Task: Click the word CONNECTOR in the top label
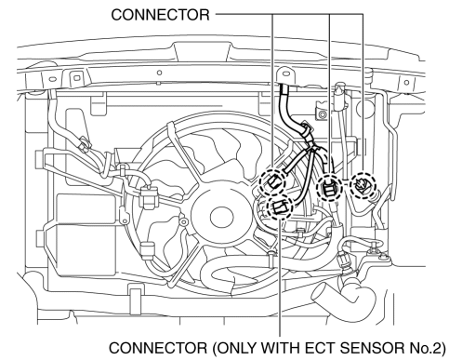point(160,15)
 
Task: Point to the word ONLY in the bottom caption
point(237,348)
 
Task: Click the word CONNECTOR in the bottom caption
point(158,348)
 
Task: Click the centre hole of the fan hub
point(221,217)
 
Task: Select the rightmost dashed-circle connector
point(363,185)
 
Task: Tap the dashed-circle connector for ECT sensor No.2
point(280,207)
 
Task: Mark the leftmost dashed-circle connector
point(272,182)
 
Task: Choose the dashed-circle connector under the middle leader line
point(329,188)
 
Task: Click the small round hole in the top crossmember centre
point(159,73)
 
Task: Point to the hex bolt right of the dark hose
point(323,114)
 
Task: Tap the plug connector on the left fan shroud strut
point(149,197)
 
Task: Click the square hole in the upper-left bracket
point(75,76)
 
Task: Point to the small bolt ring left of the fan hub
point(184,221)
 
